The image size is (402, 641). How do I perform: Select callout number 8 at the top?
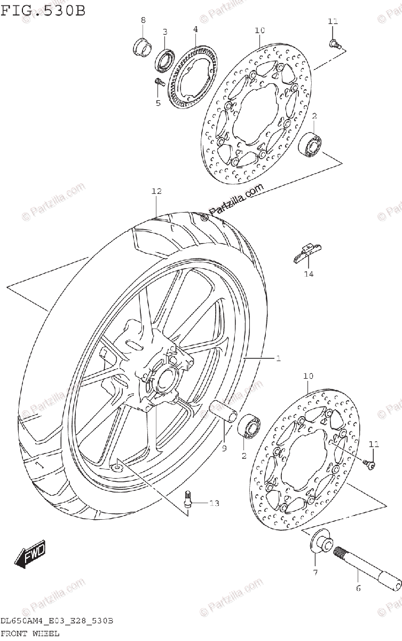pos(143,20)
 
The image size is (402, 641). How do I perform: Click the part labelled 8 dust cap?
pos(141,46)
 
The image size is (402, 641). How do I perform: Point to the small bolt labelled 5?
pos(158,82)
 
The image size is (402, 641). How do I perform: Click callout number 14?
pos(309,275)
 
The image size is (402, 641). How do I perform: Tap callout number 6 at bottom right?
pos(358,589)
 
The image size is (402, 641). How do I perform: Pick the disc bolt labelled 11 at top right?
pos(333,42)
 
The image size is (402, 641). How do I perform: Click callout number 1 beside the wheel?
pos(278,358)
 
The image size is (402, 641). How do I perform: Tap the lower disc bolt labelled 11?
pos(368,463)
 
